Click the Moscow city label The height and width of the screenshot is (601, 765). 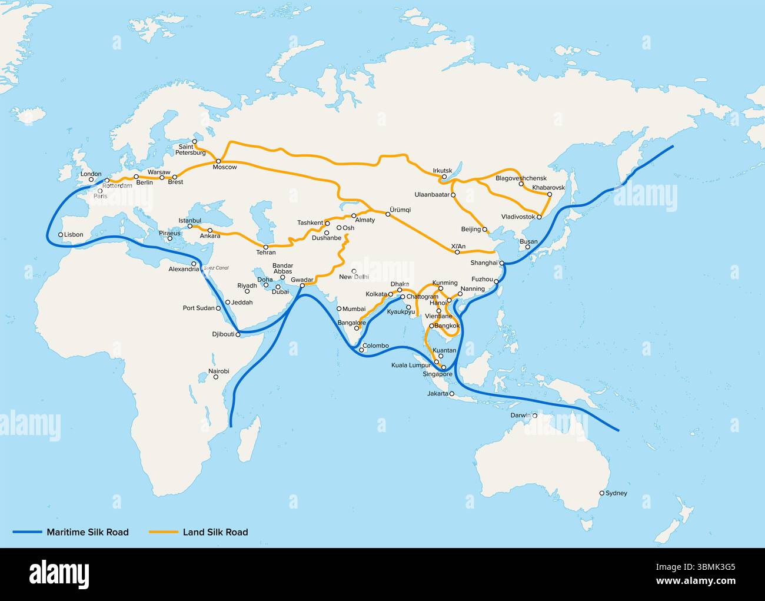(x=224, y=167)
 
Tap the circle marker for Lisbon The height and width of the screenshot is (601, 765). (x=61, y=234)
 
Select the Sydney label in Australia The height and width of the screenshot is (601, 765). (x=616, y=493)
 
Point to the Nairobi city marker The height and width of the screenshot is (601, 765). (x=216, y=376)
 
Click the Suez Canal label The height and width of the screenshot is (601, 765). (x=215, y=268)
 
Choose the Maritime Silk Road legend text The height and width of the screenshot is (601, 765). (x=87, y=532)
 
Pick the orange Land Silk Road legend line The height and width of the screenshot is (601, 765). (x=163, y=532)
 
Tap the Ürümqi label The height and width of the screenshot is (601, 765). (x=400, y=210)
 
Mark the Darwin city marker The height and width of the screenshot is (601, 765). (x=535, y=416)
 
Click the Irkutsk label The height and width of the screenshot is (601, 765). (x=443, y=170)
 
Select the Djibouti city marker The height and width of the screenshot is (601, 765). (x=238, y=334)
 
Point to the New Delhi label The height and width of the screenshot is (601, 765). (x=354, y=277)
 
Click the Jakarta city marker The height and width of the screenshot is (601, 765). (x=452, y=393)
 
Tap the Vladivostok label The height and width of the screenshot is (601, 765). (x=518, y=217)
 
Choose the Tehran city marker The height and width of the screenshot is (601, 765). (x=266, y=247)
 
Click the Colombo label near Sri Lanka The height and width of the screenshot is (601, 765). (x=375, y=346)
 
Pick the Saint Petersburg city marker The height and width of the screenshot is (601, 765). (x=195, y=141)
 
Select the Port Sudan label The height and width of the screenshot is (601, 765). (x=198, y=308)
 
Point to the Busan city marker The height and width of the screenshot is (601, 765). (x=528, y=247)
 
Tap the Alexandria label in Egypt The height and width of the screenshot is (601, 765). (x=184, y=269)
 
